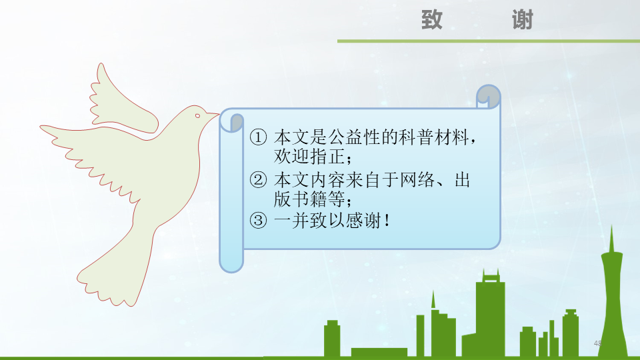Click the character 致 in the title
[x=431, y=20]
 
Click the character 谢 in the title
[x=523, y=20]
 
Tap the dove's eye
[x=197, y=116]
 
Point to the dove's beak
[x=213, y=117]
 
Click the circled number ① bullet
[x=258, y=139]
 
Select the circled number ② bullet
[x=258, y=180]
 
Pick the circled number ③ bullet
[x=258, y=221]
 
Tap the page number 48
[x=597, y=343]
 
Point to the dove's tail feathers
[x=107, y=280]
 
